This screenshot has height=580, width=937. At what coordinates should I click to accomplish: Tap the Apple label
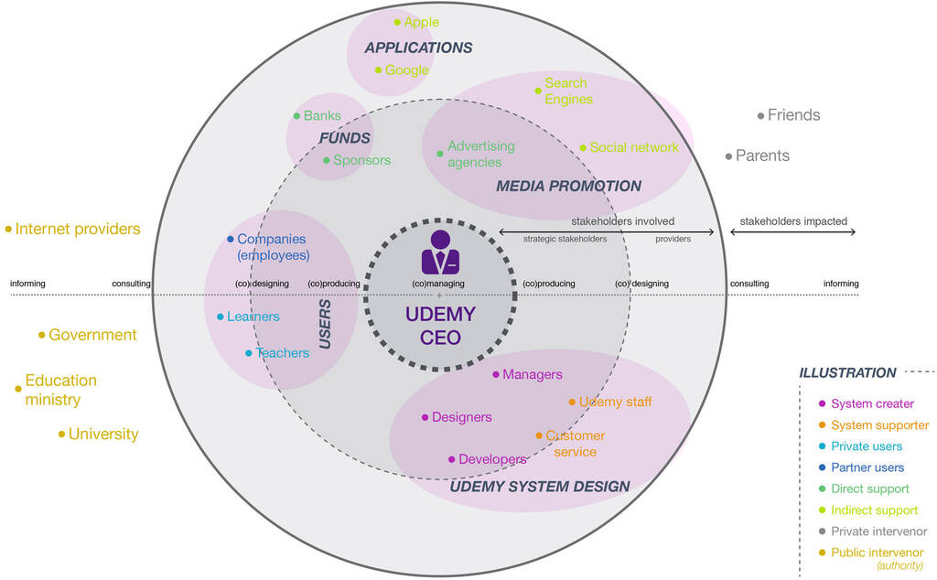tap(421, 22)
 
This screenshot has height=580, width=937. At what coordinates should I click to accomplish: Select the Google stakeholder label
tap(406, 70)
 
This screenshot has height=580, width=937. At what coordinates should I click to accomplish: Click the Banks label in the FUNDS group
tap(322, 116)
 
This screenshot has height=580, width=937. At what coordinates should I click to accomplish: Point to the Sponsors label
tap(361, 160)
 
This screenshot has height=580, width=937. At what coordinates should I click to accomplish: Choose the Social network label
tap(634, 147)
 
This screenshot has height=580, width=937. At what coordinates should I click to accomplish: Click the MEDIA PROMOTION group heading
tap(568, 186)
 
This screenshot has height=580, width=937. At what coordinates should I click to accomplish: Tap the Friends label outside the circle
tap(793, 115)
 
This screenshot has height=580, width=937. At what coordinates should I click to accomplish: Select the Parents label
tap(762, 156)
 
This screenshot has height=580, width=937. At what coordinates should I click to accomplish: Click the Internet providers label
tap(78, 229)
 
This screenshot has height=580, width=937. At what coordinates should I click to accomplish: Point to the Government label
tap(92, 335)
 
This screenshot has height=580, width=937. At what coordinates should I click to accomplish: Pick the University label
tap(103, 434)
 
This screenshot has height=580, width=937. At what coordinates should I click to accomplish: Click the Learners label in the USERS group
tap(253, 317)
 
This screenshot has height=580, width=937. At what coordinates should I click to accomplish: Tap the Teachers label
tap(283, 353)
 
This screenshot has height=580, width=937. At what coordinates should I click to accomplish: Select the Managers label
tap(532, 374)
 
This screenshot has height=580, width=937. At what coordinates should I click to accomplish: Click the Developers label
tap(492, 459)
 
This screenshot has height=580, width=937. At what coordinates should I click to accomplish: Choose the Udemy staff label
tap(615, 402)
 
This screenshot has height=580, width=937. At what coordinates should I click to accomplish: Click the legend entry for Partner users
tap(867, 467)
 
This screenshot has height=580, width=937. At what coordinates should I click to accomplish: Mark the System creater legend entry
tap(872, 403)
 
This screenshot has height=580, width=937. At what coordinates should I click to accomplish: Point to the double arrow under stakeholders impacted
tap(792, 232)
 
